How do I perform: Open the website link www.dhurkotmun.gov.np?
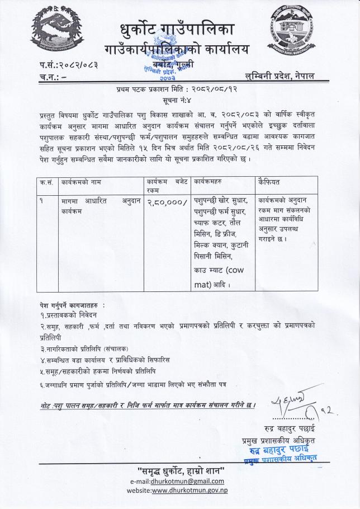coord(190,491)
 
